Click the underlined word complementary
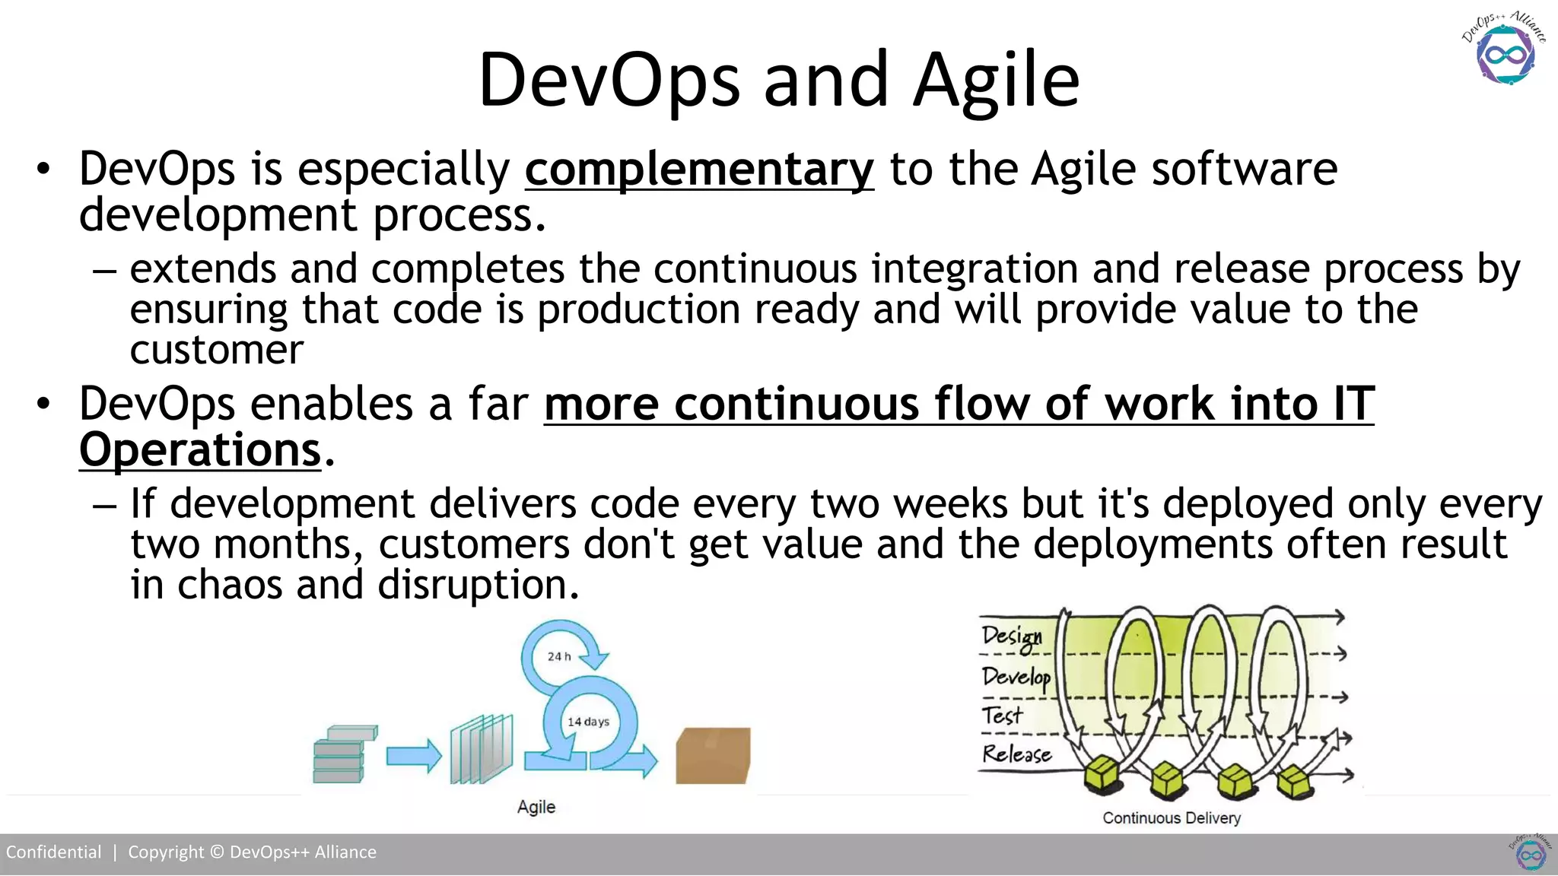pos(698,169)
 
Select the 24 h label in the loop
pos(559,656)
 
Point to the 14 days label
pos(588,722)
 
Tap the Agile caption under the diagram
pos(536,807)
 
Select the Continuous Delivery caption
pos(1171,818)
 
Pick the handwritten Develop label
pos(1016,677)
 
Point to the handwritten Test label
pos(1001,716)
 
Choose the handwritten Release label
pos(1016,754)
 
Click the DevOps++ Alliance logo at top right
pos(1504,49)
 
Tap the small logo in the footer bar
pos(1530,853)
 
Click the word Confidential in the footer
pos(53,852)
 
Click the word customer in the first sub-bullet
pos(216,351)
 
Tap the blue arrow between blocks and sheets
pos(413,756)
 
